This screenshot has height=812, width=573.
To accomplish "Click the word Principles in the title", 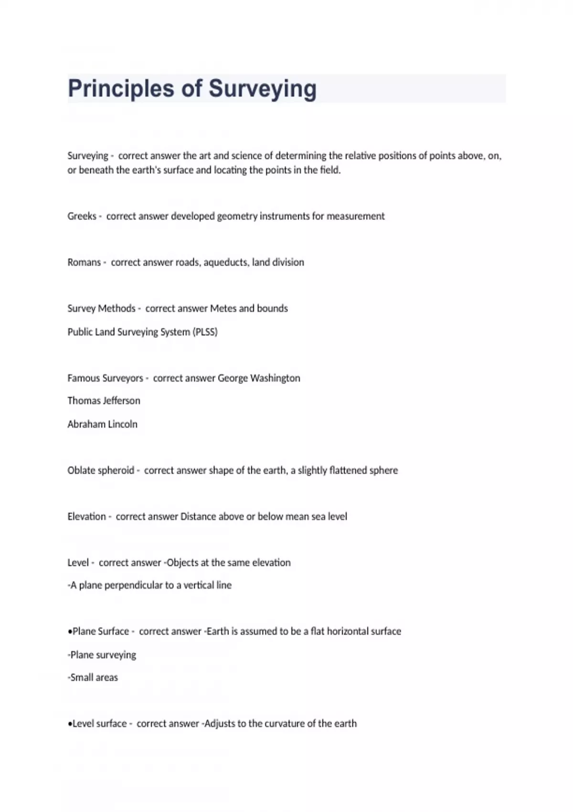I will (x=121, y=89).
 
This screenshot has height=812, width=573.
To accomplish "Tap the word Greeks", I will (x=82, y=216).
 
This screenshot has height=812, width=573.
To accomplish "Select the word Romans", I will (x=84, y=262).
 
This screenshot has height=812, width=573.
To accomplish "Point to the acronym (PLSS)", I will (x=205, y=332).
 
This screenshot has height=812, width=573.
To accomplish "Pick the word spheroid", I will (x=116, y=470).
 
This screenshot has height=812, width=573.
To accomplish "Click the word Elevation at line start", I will (x=86, y=516).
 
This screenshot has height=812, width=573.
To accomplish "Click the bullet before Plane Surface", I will (x=70, y=631).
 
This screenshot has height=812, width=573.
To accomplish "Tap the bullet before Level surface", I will (x=70, y=724).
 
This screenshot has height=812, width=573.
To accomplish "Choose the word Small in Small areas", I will (x=81, y=677).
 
